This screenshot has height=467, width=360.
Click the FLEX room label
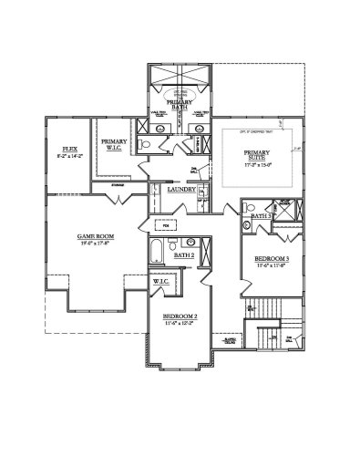68,148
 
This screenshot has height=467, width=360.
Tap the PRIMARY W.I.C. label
114,143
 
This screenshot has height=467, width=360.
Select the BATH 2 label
184,255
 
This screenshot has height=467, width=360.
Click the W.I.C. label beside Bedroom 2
162,283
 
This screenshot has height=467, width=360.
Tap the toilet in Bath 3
246,224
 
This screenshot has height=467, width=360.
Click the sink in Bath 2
189,243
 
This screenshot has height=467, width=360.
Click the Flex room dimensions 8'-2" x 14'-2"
68,156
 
